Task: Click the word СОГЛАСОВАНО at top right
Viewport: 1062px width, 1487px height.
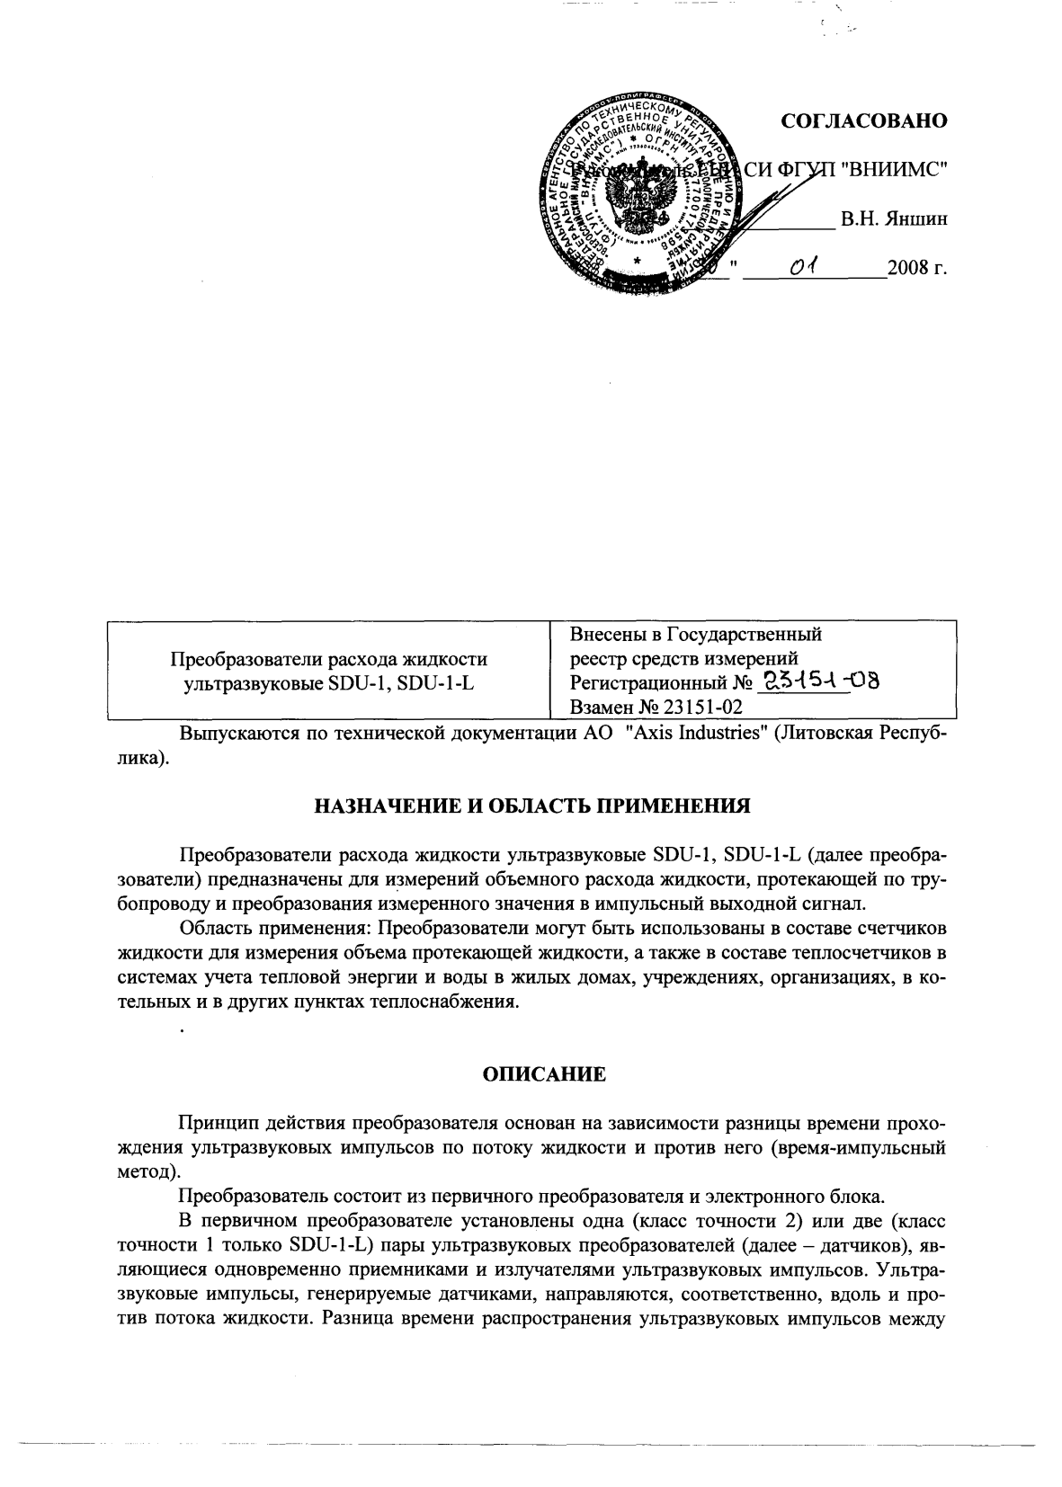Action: (x=864, y=121)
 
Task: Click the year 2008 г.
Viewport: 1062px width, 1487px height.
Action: (x=917, y=268)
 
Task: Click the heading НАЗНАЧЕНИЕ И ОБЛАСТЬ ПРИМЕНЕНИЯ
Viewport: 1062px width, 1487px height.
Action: (x=531, y=806)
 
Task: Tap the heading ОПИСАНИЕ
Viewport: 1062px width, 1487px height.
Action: (x=531, y=1073)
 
